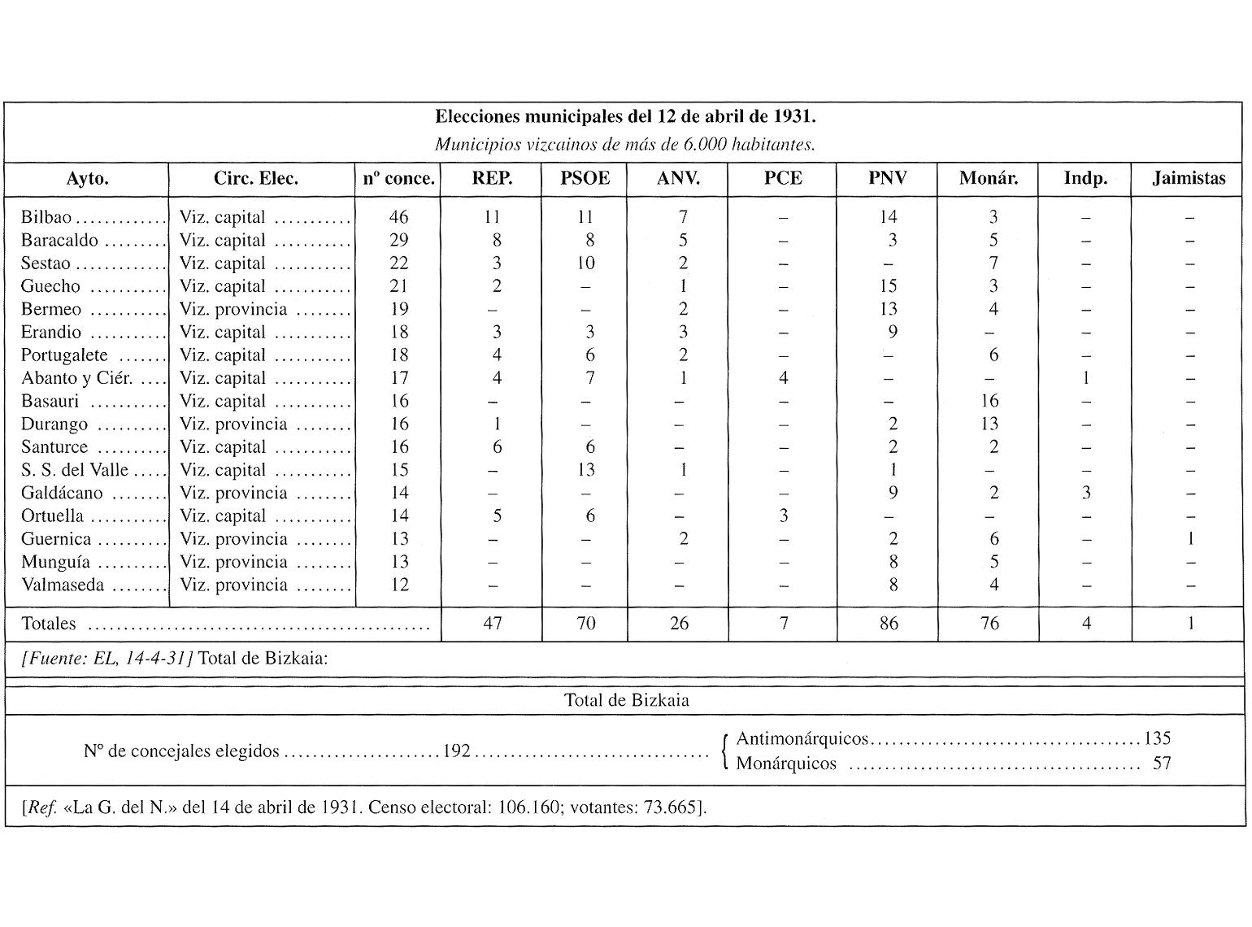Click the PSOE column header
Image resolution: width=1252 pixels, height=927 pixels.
[x=585, y=179]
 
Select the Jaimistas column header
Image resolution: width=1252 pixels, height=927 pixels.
[x=1188, y=179]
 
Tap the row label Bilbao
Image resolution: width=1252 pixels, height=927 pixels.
[x=46, y=217]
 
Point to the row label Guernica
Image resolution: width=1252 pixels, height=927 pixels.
[x=56, y=539]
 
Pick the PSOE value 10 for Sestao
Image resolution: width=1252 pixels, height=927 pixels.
[x=585, y=263]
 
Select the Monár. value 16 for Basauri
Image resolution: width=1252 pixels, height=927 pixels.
[x=989, y=401]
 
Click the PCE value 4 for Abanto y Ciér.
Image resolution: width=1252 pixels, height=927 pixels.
[x=783, y=378]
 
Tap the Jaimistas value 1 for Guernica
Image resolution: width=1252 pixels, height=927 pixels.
[x=1189, y=539]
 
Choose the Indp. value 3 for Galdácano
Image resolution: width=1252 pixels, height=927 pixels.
[x=1085, y=493]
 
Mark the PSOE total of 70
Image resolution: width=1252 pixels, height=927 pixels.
[x=585, y=624]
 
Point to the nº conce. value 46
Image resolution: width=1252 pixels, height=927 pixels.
[x=398, y=217]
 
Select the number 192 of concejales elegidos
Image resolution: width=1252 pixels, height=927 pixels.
[x=457, y=751]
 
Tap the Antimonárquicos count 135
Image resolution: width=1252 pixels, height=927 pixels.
[x=1157, y=738]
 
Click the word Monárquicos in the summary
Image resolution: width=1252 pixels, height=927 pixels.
[x=786, y=764]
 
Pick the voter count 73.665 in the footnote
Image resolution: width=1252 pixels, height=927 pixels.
[x=672, y=808]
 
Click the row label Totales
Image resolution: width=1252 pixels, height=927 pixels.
[x=49, y=624]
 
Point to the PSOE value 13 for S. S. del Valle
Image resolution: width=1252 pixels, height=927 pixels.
[x=585, y=470]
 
